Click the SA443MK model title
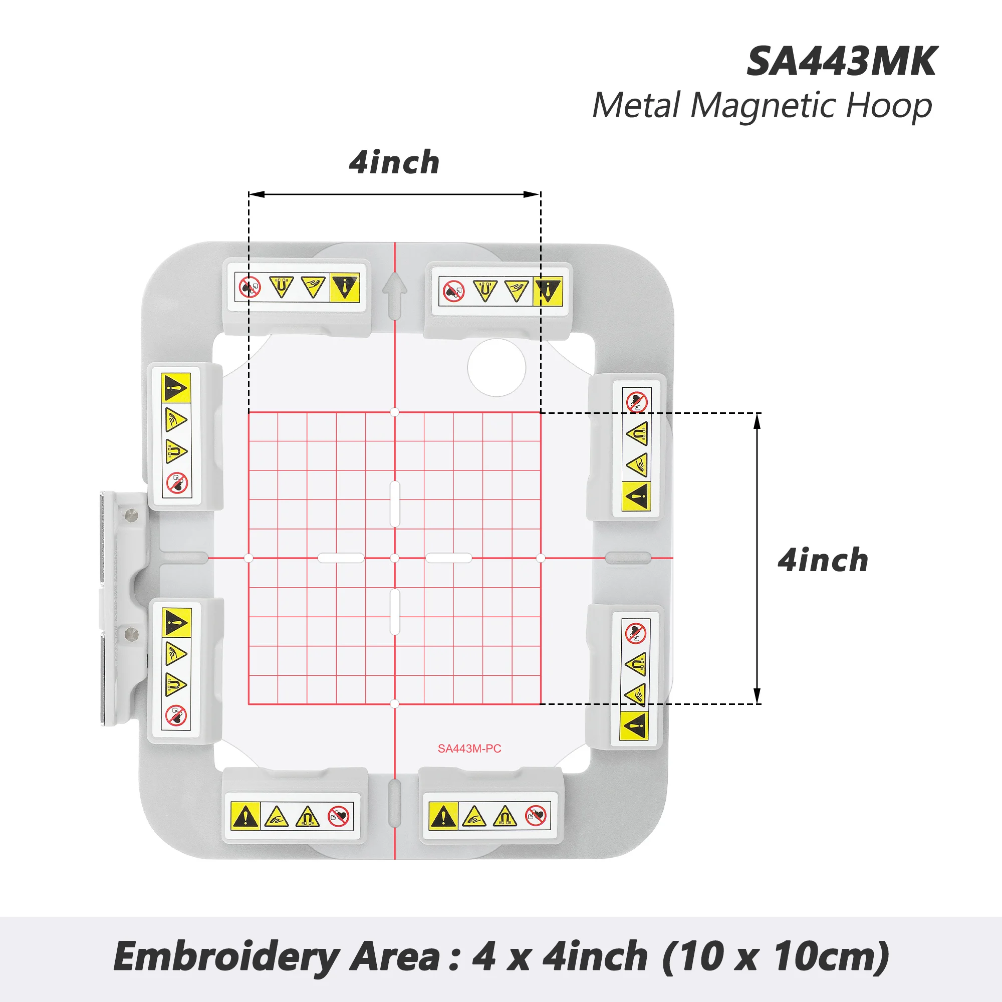pos(841,62)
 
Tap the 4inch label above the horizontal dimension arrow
pos(394,162)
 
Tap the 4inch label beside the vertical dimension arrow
pos(823,561)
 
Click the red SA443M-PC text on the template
pos(469,748)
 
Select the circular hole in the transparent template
pos(496,368)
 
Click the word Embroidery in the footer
pos(226,957)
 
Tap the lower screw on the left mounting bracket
pos(130,633)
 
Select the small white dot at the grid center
pos(395,558)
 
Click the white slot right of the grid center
pos(448,558)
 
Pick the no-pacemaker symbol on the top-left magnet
pos(250,287)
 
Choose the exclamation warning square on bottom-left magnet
pos(245,817)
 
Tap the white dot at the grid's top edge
pos(395,412)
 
